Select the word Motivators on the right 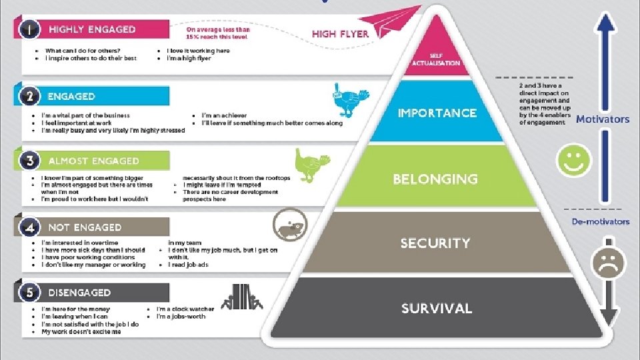[x=602, y=119]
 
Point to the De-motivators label [x=600, y=221]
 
